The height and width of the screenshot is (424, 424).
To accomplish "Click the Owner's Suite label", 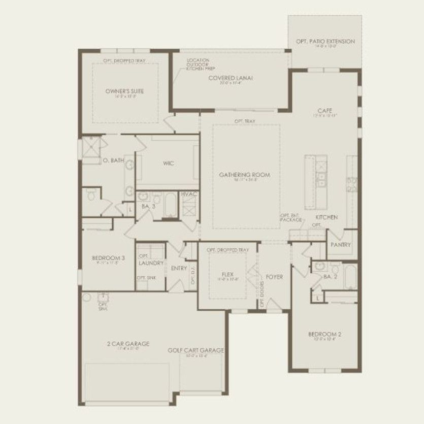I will [124, 91].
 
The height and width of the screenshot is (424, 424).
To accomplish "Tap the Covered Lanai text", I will [231, 78].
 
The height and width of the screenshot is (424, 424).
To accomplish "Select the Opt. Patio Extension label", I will [325, 42].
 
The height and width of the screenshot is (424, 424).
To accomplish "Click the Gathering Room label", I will [244, 175].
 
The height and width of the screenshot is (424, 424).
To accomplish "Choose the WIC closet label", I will [169, 164].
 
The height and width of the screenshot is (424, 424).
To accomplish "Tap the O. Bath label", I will [113, 160].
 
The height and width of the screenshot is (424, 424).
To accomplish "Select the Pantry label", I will [341, 244].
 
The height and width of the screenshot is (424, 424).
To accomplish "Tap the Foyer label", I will [274, 277].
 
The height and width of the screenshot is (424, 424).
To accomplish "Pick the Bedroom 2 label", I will [324, 334].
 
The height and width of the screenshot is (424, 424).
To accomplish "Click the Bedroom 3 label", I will [105, 258].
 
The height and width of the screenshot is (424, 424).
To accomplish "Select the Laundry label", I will [151, 264].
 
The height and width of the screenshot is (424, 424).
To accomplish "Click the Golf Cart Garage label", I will [196, 350].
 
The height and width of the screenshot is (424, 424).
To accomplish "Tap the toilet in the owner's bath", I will [91, 193].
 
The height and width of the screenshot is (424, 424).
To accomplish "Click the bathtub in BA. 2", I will [351, 277].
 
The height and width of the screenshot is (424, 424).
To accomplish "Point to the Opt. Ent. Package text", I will [291, 218].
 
